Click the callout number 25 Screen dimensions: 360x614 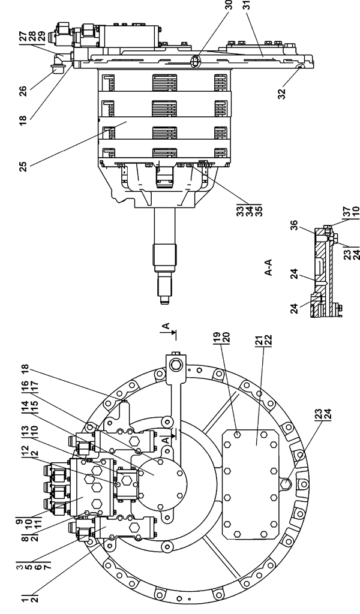(23, 167)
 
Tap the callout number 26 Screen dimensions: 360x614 (23, 91)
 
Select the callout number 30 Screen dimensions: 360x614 (229, 5)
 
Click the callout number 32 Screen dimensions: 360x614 (281, 94)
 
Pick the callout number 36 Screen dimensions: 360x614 (295, 225)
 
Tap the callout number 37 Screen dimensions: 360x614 (346, 212)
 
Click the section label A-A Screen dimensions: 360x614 (269, 267)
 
